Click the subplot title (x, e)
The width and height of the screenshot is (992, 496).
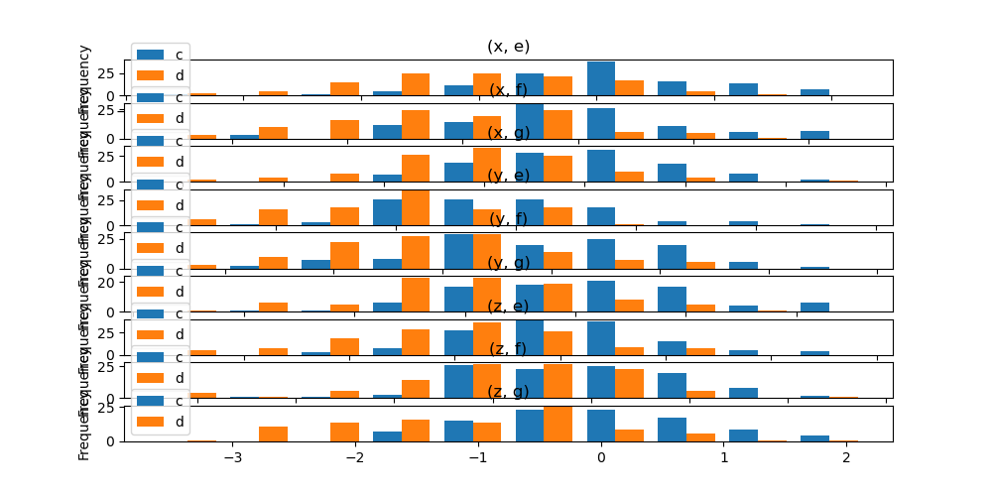[508, 47]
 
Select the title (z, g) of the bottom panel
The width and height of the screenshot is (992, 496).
[508, 392]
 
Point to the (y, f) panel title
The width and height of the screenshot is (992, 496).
[508, 219]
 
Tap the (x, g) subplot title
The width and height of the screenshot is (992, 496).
[508, 133]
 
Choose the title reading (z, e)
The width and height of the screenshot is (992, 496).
[508, 306]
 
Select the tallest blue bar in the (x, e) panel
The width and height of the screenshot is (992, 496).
[600, 78]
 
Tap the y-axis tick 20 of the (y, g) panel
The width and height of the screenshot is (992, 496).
[109, 282]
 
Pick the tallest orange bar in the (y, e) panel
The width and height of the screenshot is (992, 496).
[416, 207]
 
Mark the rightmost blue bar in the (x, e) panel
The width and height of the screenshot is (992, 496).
[814, 92]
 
